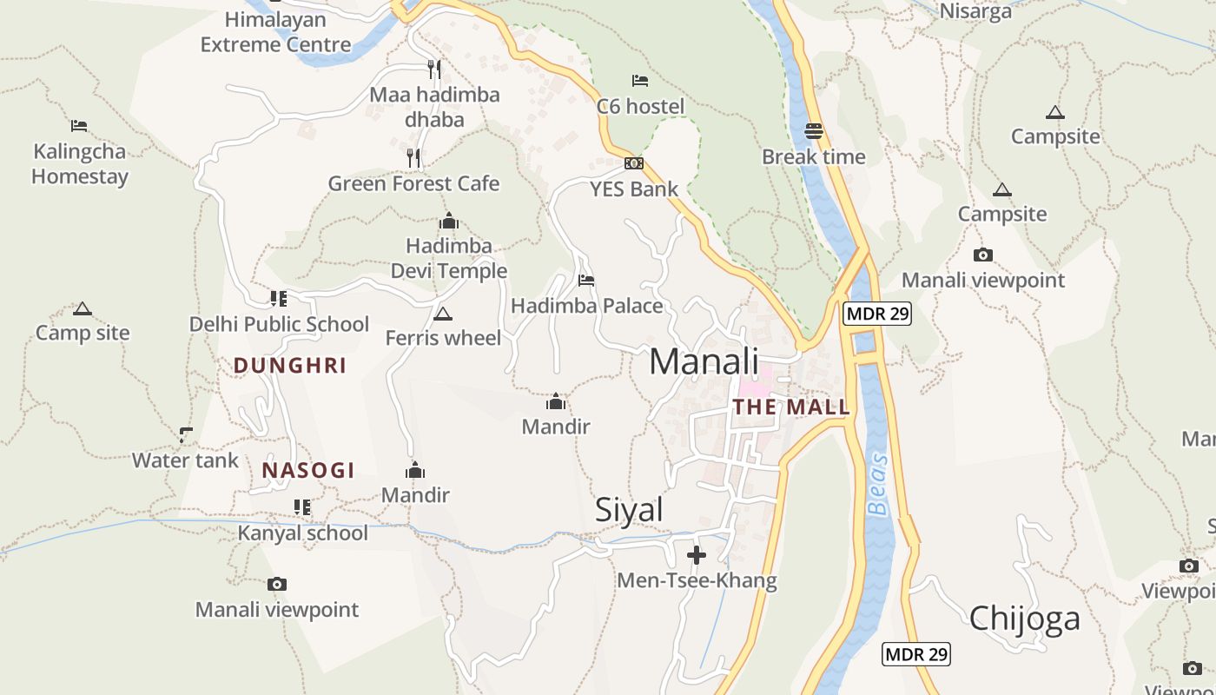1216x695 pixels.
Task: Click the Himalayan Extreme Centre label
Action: click(275, 32)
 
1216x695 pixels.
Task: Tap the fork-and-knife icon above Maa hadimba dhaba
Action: click(434, 69)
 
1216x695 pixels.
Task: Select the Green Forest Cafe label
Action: click(413, 183)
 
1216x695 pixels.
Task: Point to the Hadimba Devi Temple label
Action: click(449, 258)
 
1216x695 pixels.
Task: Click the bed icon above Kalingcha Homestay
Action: click(79, 125)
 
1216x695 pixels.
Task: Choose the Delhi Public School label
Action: click(279, 324)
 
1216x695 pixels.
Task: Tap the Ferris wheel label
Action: click(443, 337)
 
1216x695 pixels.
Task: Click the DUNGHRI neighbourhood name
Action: click(290, 366)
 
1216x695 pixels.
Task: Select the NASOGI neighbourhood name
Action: click(308, 471)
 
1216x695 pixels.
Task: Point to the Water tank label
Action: click(185, 460)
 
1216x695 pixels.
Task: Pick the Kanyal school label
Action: click(303, 533)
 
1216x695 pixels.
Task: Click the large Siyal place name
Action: click(629, 510)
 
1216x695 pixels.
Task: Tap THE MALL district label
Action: click(791, 407)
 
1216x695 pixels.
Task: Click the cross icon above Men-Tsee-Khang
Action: click(697, 555)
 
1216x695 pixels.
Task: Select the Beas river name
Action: click(879, 485)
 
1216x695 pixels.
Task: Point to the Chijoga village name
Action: click(1024, 618)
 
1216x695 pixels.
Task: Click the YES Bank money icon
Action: click(634, 163)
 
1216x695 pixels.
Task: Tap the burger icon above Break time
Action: click(814, 131)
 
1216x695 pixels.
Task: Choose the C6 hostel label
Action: click(640, 106)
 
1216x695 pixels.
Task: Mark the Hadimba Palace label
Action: click(586, 306)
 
